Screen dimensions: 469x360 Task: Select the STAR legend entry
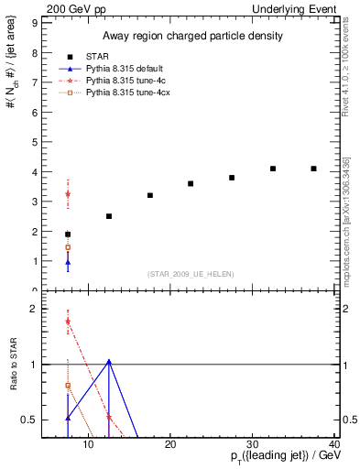(x=97, y=57)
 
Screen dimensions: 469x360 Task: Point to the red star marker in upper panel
(x=68, y=194)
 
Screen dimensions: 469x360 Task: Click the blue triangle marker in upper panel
(x=68, y=263)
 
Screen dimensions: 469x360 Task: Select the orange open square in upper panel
(x=68, y=247)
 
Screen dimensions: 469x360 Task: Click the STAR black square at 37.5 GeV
(x=314, y=169)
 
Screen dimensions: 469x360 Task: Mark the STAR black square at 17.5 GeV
(x=149, y=195)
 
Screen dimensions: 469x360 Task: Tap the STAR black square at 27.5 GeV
(x=232, y=178)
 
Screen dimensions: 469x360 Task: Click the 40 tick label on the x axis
(x=334, y=446)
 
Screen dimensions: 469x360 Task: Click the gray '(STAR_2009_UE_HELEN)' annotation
(x=188, y=274)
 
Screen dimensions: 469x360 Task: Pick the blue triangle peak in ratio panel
(x=109, y=361)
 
